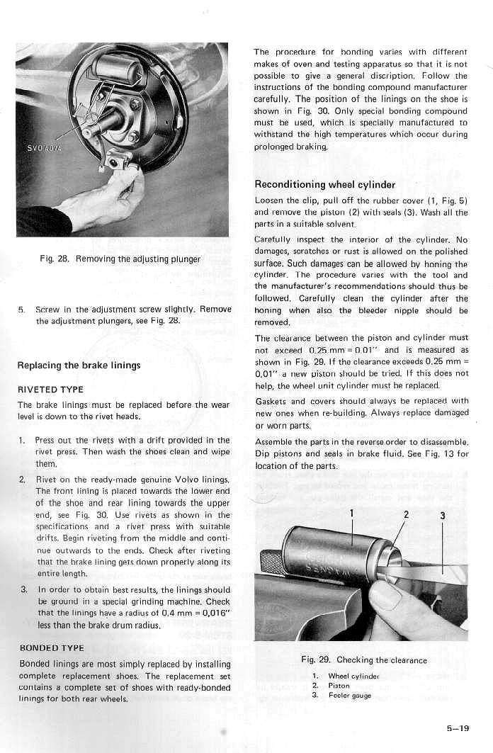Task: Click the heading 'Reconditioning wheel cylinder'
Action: click(x=324, y=185)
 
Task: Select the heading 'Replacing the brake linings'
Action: click(x=79, y=366)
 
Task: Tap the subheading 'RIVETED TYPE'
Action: click(x=50, y=390)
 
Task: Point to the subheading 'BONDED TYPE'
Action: click(x=51, y=648)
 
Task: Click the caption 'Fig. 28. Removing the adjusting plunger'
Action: click(x=120, y=259)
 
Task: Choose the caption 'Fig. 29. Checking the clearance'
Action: click(x=364, y=660)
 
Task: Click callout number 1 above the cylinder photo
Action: click(x=351, y=515)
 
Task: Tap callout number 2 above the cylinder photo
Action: click(x=404, y=515)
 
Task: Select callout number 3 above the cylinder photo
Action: click(x=442, y=515)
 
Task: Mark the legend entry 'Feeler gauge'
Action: click(x=350, y=695)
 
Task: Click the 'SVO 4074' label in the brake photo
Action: click(x=43, y=150)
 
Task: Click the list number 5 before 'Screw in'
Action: click(x=22, y=310)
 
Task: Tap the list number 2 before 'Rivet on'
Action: click(x=22, y=480)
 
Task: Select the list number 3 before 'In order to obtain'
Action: click(x=23, y=589)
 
